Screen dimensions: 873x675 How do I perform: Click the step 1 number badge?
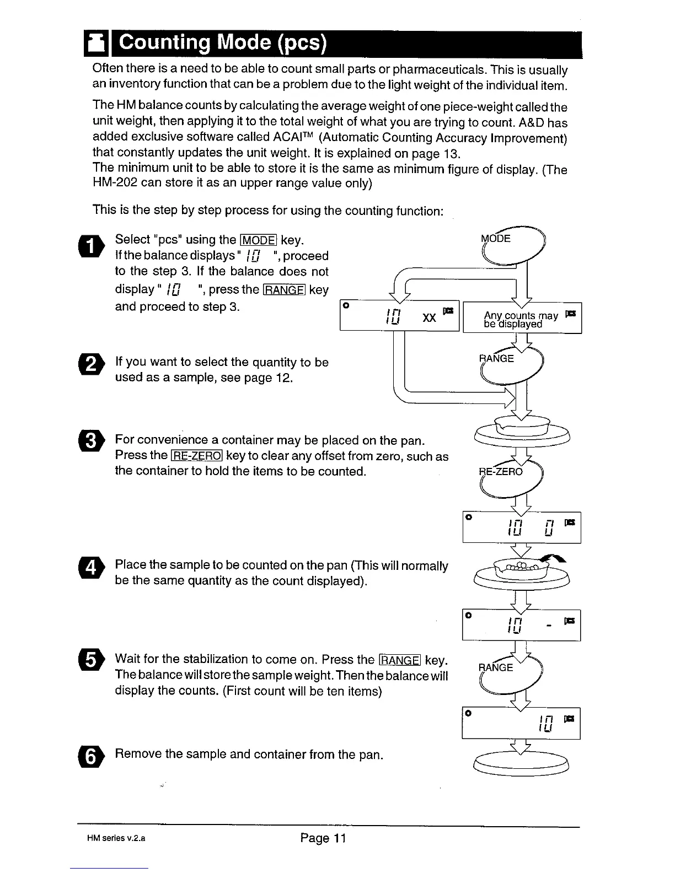point(94,246)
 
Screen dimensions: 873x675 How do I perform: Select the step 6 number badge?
point(94,758)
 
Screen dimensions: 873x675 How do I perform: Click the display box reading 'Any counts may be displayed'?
point(522,319)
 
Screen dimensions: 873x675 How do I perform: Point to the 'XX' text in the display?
point(429,318)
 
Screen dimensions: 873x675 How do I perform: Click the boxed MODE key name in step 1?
point(259,240)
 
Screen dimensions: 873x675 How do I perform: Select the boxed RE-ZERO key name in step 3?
point(197,456)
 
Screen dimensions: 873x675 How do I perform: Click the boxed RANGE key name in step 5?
point(400,660)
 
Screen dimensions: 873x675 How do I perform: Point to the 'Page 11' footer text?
point(323,838)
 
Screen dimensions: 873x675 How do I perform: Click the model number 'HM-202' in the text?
point(114,182)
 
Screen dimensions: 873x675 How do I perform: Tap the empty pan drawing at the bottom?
point(521,764)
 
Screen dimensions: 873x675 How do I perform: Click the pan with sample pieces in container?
point(521,573)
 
